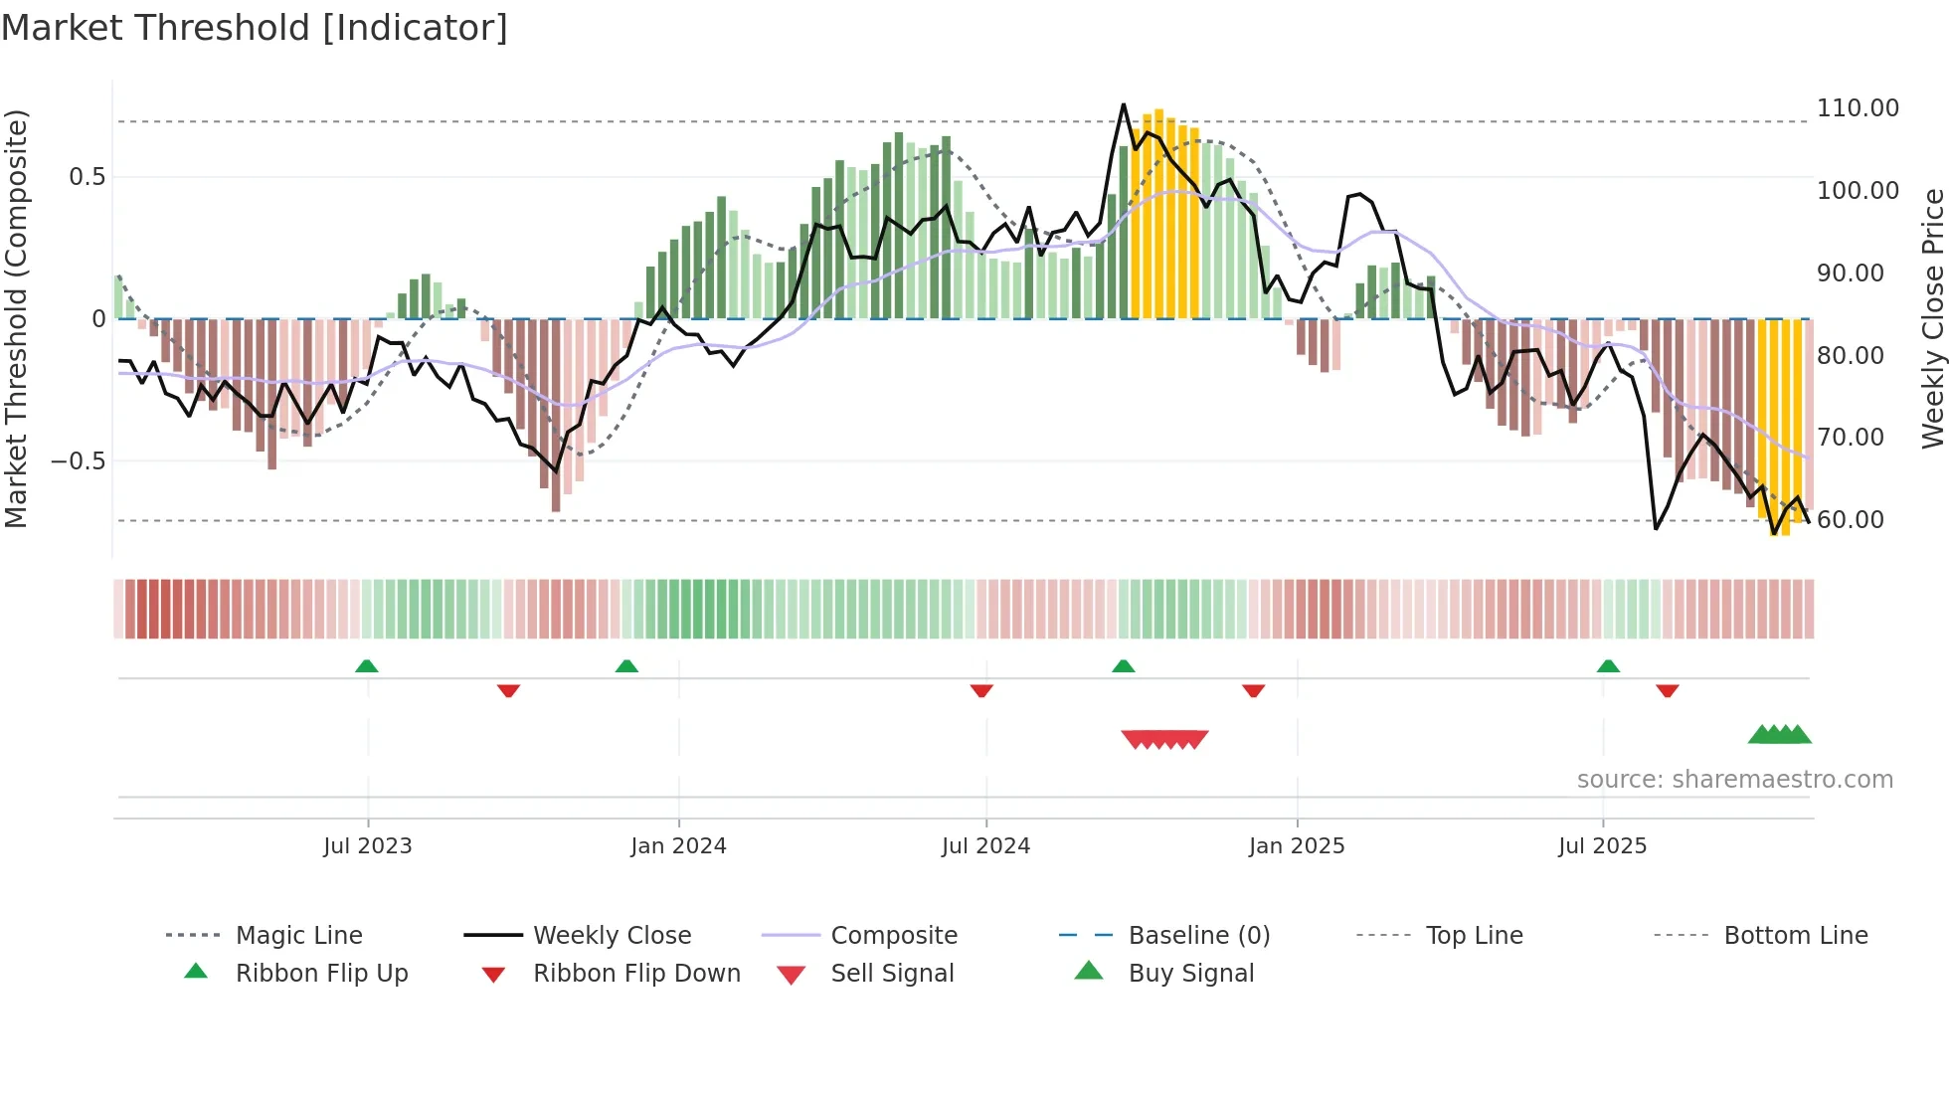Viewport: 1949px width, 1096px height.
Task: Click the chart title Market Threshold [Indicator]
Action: tap(255, 28)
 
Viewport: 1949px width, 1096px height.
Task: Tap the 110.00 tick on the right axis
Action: tap(1857, 108)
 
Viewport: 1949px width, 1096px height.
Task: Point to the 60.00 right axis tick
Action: tap(1850, 520)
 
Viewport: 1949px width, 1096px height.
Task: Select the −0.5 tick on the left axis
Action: tap(78, 461)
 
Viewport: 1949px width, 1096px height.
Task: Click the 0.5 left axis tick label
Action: tap(87, 177)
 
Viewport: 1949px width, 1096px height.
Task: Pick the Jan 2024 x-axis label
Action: tap(678, 846)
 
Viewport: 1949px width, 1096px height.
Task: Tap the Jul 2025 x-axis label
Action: tap(1602, 846)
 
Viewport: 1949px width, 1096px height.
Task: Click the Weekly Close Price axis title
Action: tap(1932, 318)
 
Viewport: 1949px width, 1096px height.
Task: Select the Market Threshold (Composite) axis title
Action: tap(16, 318)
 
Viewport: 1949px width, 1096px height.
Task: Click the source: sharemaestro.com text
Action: tap(1734, 780)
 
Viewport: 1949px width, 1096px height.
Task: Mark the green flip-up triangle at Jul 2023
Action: tap(367, 666)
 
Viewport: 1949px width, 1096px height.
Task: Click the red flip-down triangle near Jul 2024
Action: tap(981, 690)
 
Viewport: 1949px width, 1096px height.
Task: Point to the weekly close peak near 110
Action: tap(1124, 104)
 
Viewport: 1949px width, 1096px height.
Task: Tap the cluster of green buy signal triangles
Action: tap(1780, 735)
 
